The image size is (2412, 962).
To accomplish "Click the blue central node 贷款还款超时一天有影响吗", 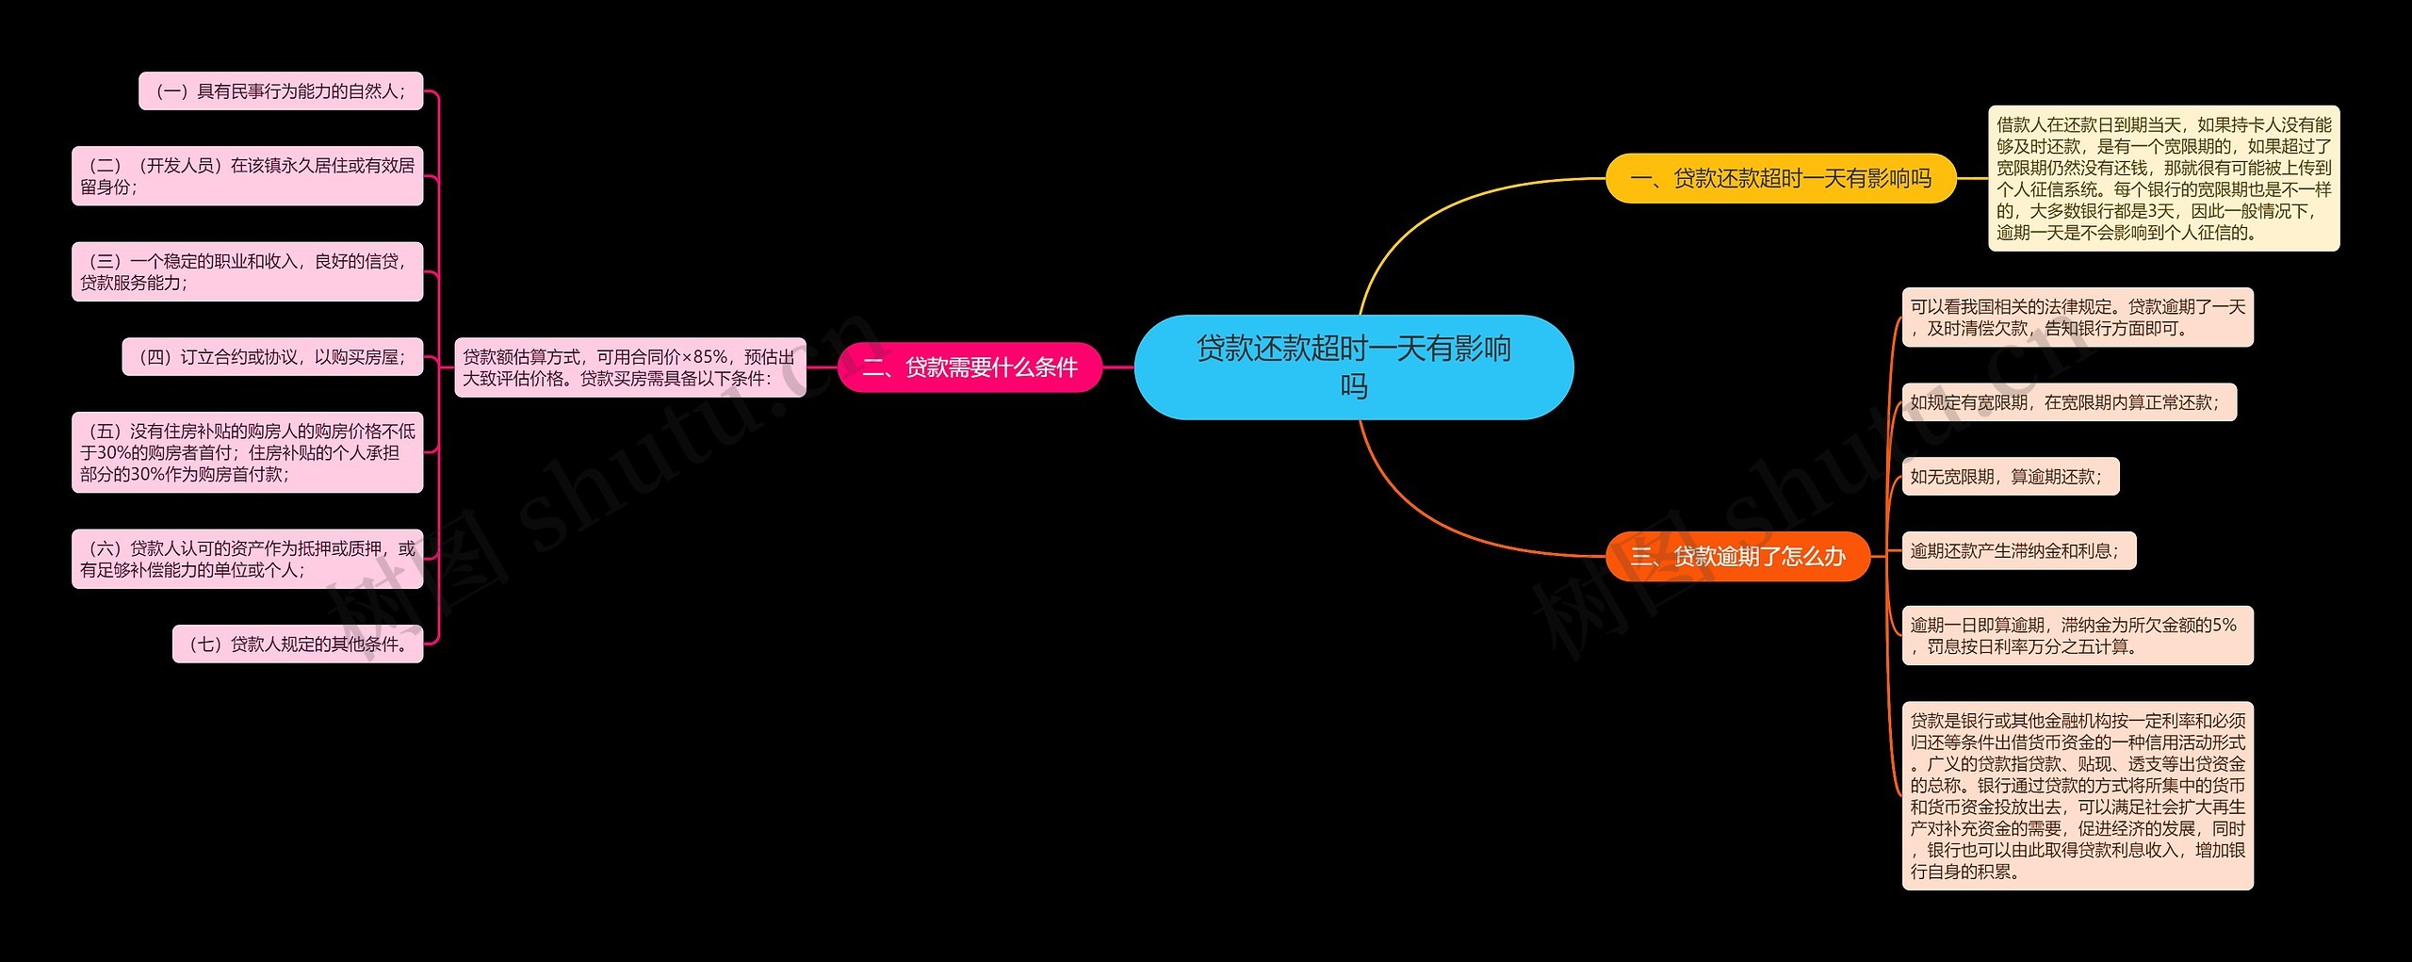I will point(1353,367).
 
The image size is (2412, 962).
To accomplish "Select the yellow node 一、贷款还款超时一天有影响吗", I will point(1780,178).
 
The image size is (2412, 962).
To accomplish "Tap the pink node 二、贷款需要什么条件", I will point(970,367).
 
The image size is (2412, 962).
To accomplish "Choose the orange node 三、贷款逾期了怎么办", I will point(1737,556).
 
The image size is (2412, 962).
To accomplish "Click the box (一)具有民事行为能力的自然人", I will point(281,91).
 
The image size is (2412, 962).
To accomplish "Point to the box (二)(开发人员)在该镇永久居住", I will point(247,176).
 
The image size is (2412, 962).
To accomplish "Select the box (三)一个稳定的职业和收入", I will point(247,271).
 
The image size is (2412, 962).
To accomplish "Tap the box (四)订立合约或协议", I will point(272,357).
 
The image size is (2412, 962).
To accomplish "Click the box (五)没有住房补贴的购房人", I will point(247,452).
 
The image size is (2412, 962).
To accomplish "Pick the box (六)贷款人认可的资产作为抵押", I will point(247,559).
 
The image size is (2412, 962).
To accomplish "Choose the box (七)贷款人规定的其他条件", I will point(298,644).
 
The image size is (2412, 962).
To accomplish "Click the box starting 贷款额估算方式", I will point(629,367).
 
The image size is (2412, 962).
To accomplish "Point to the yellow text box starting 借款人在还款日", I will point(2163,178).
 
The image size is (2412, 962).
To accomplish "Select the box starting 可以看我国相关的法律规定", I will point(2078,318).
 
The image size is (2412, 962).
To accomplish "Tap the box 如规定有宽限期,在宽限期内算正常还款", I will point(2068,402).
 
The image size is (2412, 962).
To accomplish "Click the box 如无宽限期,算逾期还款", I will point(2010,477).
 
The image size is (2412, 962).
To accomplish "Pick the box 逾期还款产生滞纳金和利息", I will point(2018,551).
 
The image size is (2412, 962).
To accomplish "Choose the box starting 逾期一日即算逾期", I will point(2078,635).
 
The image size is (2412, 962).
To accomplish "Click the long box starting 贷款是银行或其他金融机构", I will point(2078,795).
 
